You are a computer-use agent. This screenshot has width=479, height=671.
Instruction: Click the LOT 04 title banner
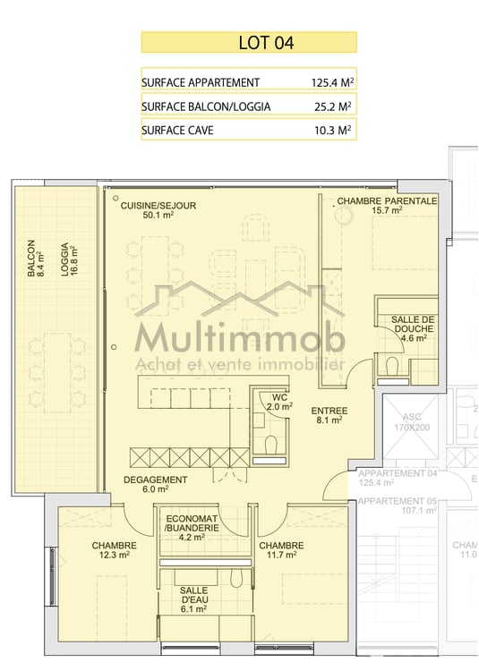point(249,42)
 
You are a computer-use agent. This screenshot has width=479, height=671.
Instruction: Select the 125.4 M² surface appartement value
point(325,82)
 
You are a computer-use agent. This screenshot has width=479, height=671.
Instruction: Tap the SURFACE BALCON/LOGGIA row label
point(206,106)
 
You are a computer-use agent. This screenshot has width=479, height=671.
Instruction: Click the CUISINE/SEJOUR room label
point(158,209)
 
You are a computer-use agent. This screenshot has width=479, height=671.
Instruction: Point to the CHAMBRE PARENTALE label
point(387,206)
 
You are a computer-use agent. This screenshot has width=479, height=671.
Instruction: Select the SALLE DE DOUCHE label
point(414,328)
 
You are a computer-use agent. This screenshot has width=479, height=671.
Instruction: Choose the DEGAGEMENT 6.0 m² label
point(156,484)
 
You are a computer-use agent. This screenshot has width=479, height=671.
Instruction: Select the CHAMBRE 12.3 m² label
point(114,550)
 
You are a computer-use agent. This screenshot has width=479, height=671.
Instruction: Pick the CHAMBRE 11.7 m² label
point(280,550)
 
